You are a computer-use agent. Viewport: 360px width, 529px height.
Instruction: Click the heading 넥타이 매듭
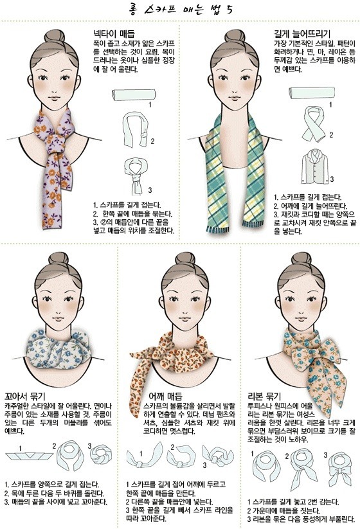coord(114,33)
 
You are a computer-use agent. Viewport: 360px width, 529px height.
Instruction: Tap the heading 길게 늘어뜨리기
coord(301,33)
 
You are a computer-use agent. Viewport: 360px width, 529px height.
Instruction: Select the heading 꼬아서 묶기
coord(25,396)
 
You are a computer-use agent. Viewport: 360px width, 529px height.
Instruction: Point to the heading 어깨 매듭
coord(165,396)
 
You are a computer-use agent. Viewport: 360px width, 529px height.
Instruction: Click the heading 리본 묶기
coord(264,396)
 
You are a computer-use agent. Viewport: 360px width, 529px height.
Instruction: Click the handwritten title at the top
coord(180,9)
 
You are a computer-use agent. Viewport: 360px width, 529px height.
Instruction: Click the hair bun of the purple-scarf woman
coord(55,35)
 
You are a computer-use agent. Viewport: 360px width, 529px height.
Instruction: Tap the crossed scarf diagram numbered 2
coord(314,125)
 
